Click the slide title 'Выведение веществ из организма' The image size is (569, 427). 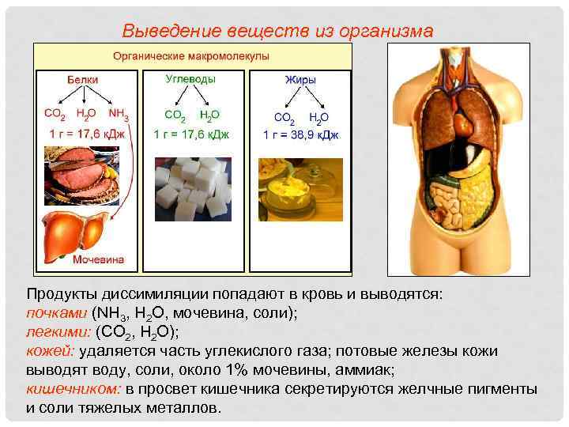(x=277, y=31)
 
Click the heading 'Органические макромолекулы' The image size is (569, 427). (x=190, y=57)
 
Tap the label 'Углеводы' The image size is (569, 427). (x=190, y=80)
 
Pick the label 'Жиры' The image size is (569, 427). (x=300, y=81)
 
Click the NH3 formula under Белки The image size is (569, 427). (x=119, y=115)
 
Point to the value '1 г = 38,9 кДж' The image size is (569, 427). (x=301, y=134)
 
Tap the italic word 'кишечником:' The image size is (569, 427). (x=73, y=389)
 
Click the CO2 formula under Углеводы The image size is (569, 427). (x=175, y=116)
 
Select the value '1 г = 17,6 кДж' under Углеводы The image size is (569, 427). (x=191, y=134)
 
